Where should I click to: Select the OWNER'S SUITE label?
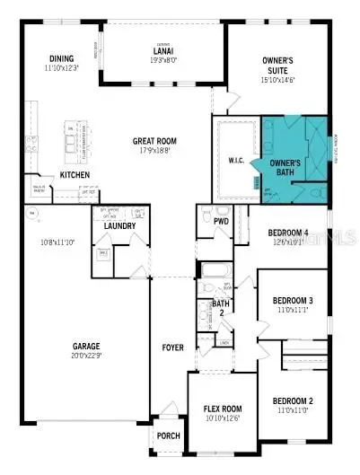276,65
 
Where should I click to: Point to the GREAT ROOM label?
154,141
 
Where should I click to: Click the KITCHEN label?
75,174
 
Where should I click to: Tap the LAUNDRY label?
119,225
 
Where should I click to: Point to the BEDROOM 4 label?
289,233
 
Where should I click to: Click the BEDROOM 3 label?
292,301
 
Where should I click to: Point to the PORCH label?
168,435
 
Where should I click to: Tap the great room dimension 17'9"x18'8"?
154,151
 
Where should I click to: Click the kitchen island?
73,139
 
